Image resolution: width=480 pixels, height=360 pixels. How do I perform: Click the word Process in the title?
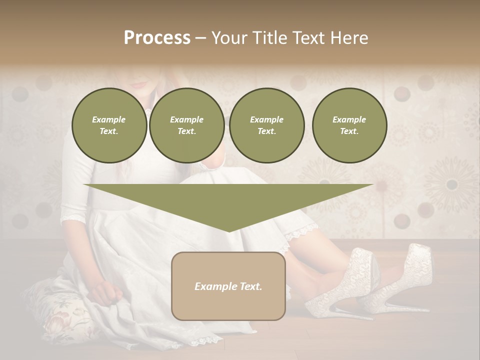(157, 38)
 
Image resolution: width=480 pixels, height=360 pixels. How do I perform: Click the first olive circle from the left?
(109, 125)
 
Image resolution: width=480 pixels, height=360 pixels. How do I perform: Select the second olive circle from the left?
(186, 125)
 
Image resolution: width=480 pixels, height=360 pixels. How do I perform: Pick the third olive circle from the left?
(266, 125)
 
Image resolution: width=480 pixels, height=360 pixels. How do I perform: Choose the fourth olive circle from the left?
(349, 125)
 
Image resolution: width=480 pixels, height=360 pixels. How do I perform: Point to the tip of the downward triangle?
(228, 230)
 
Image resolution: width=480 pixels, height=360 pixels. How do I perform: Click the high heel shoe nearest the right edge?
(402, 280)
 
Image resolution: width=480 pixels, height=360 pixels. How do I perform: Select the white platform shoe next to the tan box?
(345, 285)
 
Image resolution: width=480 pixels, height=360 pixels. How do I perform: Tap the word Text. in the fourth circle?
(349, 131)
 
